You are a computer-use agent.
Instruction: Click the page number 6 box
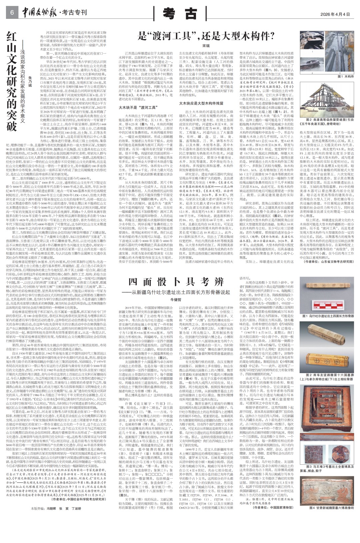[12, 13]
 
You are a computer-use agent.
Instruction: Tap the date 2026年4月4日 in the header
[335, 14]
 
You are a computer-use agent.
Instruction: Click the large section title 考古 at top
[180, 14]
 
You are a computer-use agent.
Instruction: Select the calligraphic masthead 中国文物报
[40, 13]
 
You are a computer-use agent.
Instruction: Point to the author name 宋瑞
[206, 46]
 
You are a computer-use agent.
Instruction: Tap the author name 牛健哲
[176, 300]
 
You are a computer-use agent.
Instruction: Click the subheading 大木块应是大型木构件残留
[201, 104]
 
